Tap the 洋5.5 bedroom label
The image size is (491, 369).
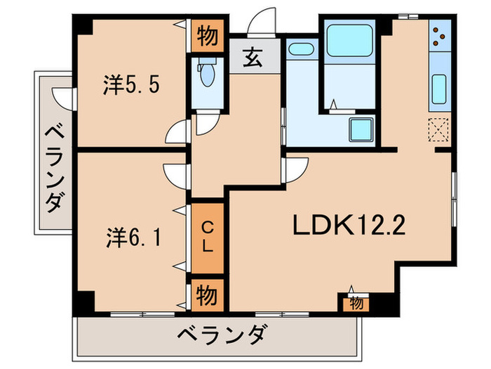pos(133,86)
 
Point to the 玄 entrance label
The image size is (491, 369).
pos(254,58)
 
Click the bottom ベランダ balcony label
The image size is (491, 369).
pos(220,335)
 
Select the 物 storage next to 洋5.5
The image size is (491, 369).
pos(207,34)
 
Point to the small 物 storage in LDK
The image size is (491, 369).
pos(356,304)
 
